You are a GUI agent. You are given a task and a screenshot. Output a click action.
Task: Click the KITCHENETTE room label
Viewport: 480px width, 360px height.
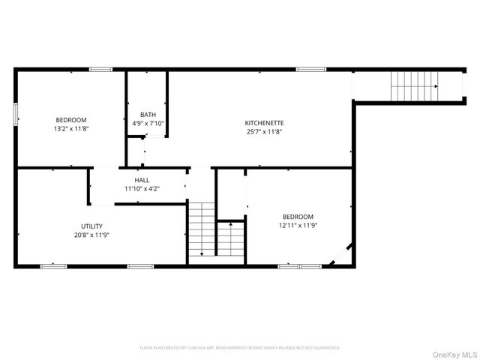(264, 122)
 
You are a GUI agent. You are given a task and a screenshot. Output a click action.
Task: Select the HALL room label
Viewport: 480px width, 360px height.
(142, 180)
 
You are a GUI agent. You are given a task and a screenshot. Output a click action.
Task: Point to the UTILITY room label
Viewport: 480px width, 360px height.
(92, 226)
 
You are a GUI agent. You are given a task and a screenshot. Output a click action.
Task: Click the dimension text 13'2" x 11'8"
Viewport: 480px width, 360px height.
(71, 129)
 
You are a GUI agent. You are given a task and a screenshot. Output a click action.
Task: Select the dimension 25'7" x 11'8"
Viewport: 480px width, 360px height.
(264, 131)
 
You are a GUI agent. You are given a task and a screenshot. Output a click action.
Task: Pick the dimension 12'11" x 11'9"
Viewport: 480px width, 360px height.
(298, 225)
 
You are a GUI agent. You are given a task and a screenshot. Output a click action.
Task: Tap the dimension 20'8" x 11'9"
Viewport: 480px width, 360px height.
(92, 235)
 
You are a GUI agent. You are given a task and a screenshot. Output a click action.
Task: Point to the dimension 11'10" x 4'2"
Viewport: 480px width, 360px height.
(142, 189)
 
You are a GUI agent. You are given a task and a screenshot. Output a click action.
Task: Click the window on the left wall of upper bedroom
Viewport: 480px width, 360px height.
(16, 115)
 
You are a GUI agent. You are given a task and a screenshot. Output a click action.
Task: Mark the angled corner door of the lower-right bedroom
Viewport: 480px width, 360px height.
(339, 256)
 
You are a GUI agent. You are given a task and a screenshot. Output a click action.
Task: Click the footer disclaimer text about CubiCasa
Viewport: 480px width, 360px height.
(240, 348)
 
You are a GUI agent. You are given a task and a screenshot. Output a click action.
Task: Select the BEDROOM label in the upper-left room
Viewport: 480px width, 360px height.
(71, 120)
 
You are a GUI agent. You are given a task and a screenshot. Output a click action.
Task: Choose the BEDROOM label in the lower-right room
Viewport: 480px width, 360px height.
(298, 216)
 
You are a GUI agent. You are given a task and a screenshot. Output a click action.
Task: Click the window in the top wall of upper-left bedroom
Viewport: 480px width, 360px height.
(100, 70)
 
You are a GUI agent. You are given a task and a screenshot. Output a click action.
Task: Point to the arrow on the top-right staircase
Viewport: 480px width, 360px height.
(435, 86)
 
